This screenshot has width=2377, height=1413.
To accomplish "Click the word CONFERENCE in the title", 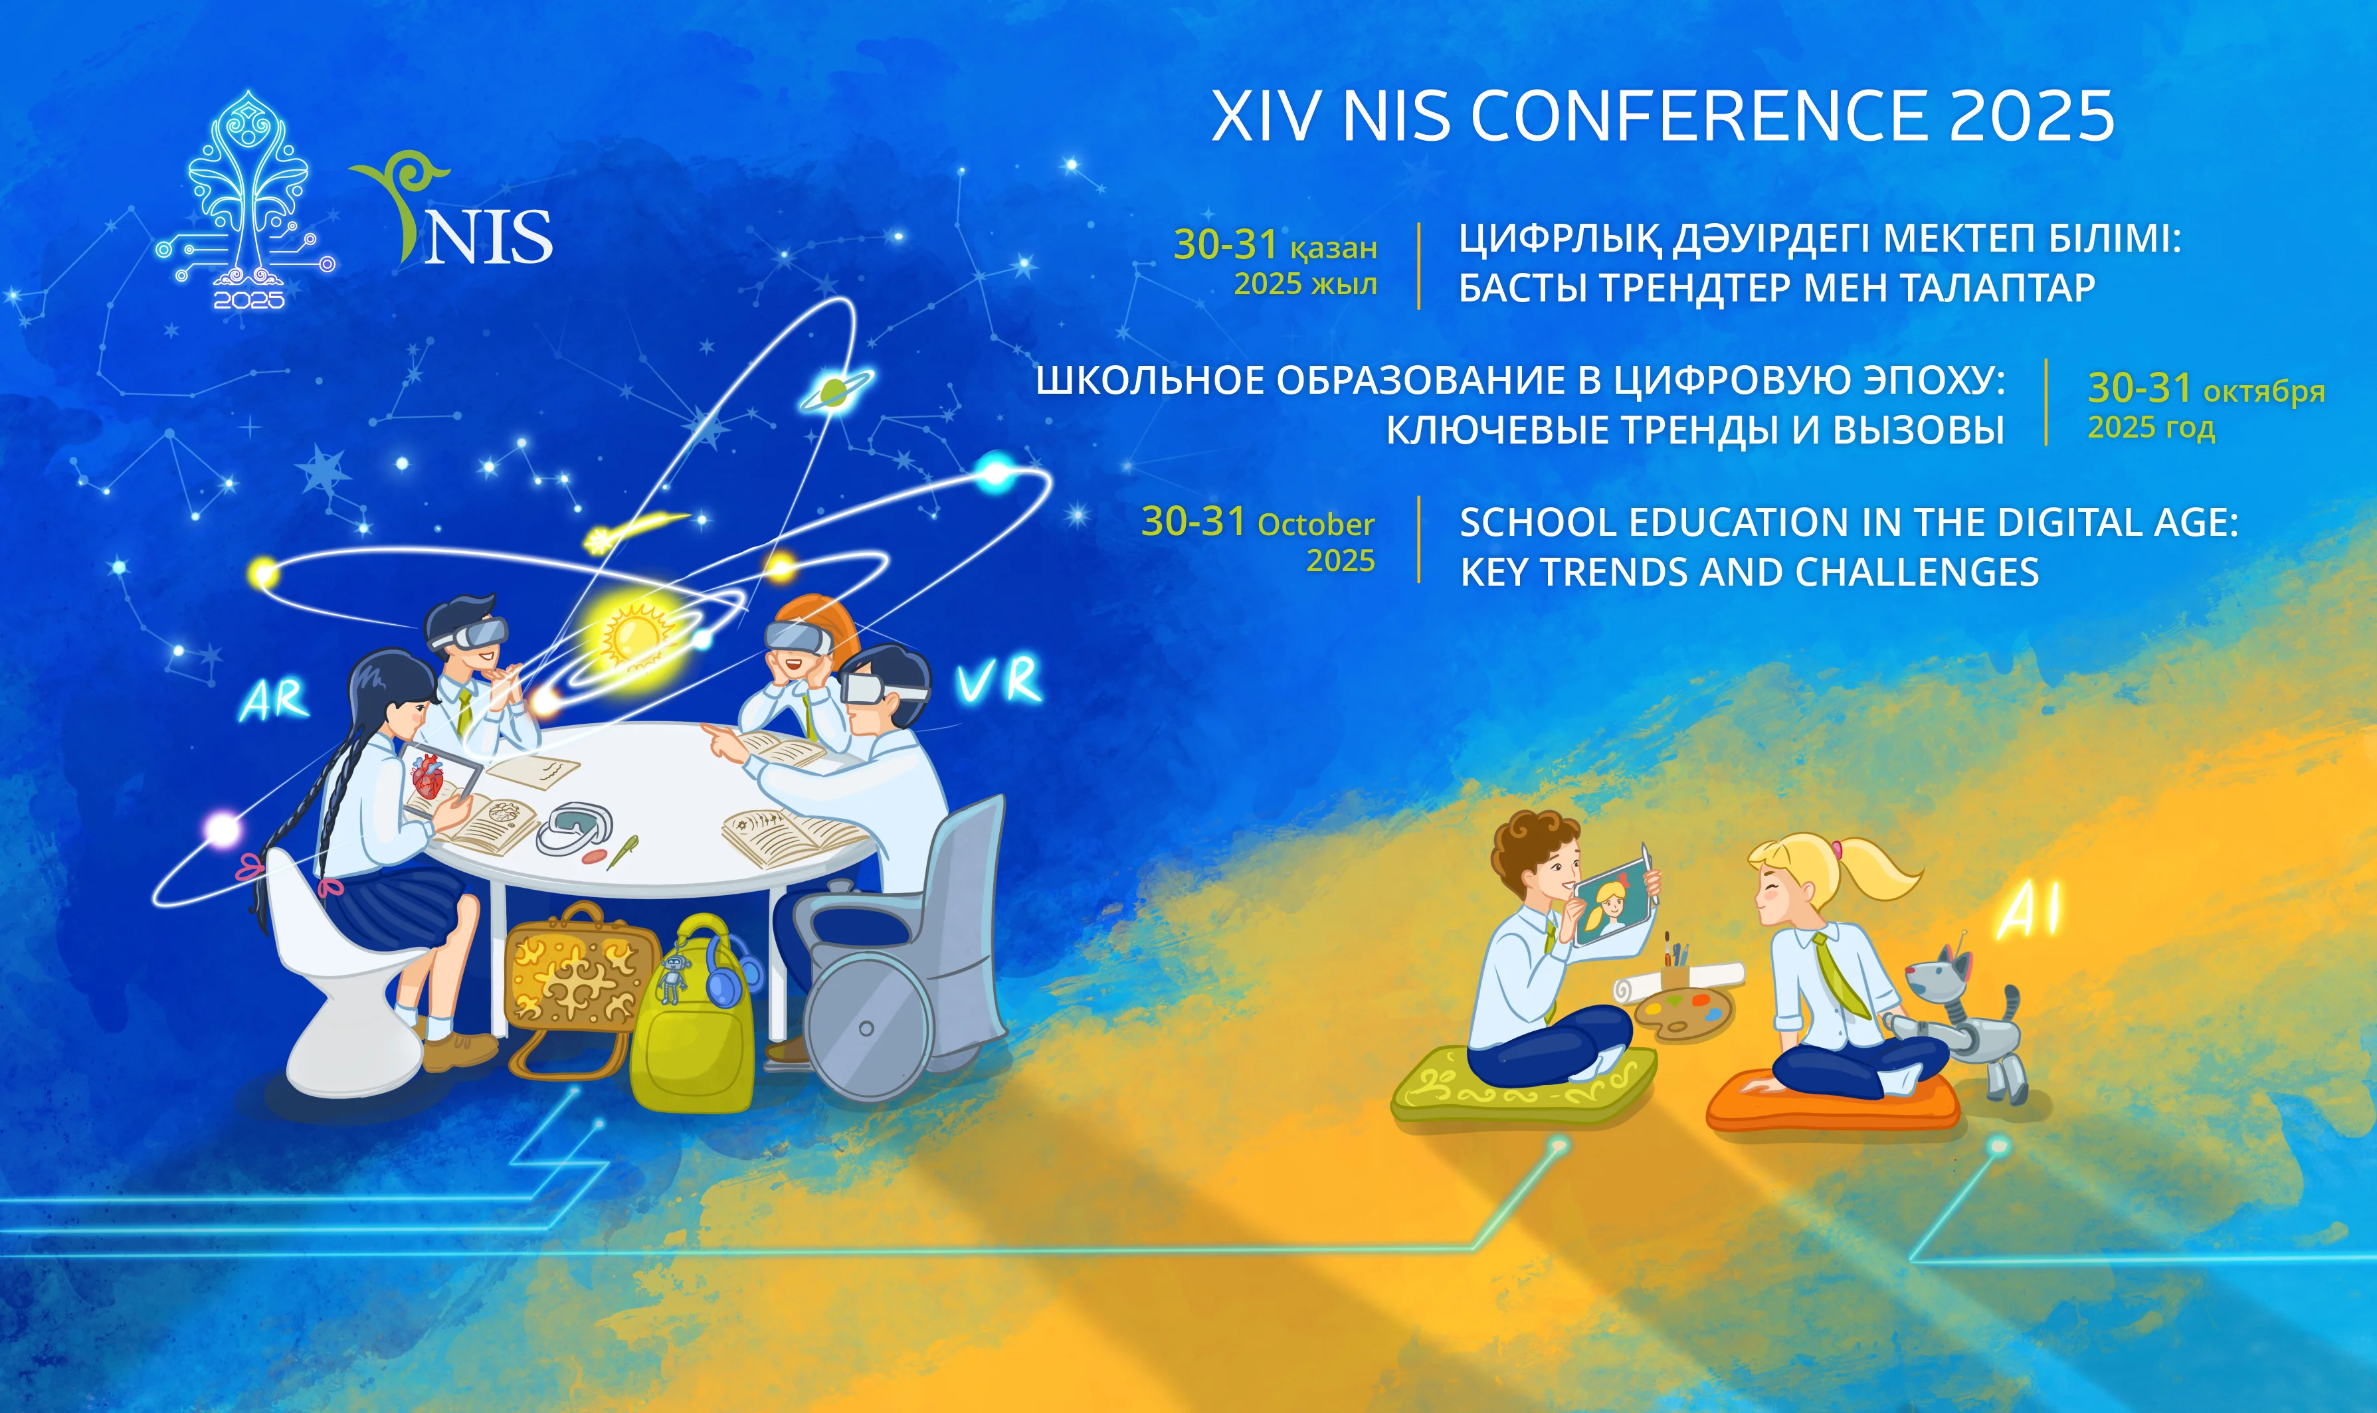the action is click(1700, 116).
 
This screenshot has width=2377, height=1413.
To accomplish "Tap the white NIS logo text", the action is click(488, 236).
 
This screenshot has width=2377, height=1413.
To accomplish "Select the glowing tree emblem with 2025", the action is click(246, 200).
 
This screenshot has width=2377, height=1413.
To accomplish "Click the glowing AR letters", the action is click(274, 700).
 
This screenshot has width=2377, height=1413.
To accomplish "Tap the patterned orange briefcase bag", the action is click(577, 985).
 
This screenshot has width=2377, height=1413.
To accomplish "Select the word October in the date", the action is click(1315, 525).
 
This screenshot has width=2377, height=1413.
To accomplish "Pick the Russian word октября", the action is click(2263, 391).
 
